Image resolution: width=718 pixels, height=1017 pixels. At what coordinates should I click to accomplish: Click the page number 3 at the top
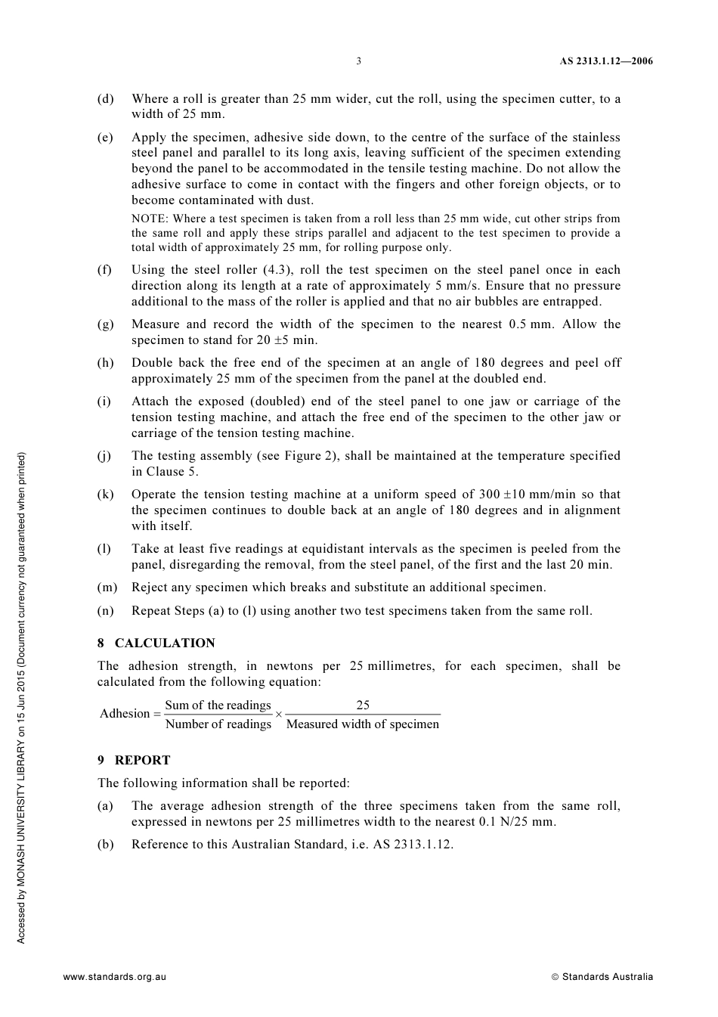point(358,61)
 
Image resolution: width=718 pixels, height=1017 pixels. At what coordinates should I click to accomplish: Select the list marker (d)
point(105,99)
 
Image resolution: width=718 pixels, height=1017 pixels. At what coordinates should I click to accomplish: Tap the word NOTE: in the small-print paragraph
point(150,219)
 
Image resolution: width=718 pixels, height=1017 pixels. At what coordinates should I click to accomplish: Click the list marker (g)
point(105,324)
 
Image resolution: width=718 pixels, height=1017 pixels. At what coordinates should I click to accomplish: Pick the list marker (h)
point(105,363)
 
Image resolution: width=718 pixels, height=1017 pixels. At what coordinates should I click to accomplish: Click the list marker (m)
point(107,588)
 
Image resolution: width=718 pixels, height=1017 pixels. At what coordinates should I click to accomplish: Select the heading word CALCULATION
point(165,643)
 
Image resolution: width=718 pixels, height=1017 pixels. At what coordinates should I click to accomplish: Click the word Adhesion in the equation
point(125,714)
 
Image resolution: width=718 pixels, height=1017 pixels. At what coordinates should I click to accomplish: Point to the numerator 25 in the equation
point(363,705)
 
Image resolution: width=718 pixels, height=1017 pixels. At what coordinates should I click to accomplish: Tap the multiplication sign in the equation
point(278,715)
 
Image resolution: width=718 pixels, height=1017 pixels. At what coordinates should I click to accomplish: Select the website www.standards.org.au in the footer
point(114,977)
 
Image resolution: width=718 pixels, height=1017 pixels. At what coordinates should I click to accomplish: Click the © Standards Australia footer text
point(602,977)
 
